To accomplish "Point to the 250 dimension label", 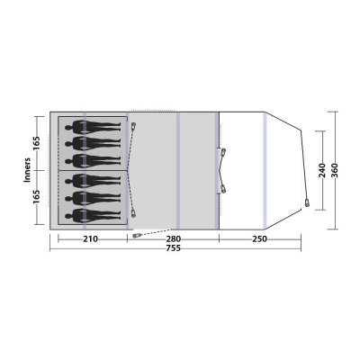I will click(259, 238).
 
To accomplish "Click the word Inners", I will click(27, 170).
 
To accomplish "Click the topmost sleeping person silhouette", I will click(94, 126).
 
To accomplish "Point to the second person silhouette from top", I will click(94, 142).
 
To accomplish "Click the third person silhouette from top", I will click(94, 159).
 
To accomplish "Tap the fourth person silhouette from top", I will click(94, 181).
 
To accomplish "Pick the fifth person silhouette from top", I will click(94, 197).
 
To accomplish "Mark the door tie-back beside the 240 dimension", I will click(310, 203).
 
